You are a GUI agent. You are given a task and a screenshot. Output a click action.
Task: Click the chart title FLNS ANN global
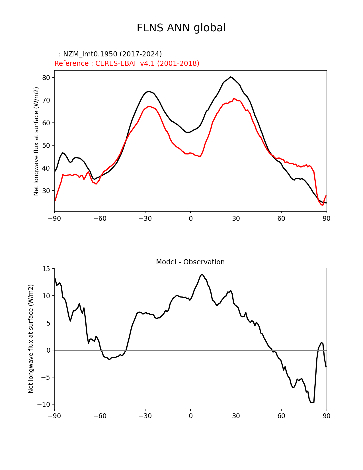point(181,28)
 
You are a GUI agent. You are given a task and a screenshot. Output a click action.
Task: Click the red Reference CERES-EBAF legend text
point(127,64)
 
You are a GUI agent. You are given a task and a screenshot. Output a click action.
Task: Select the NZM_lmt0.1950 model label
point(110,54)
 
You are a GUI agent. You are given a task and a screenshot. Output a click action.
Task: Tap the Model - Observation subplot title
point(190,262)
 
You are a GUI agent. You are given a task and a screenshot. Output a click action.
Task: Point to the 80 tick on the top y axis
point(46,78)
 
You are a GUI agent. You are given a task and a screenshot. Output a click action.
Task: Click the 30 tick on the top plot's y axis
point(46,191)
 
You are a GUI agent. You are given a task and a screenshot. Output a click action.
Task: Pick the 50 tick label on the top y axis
point(46,146)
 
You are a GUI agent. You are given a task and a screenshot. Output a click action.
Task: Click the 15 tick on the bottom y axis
point(46,269)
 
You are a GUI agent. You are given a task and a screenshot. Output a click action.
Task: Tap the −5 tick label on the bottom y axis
point(46,377)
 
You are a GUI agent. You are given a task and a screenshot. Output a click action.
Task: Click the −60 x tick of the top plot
point(100,218)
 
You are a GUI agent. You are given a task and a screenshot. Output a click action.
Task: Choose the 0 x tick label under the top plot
point(190,218)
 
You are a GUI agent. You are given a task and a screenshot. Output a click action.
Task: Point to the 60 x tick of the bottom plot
point(281,416)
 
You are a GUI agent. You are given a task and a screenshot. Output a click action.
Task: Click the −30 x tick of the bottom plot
point(145,416)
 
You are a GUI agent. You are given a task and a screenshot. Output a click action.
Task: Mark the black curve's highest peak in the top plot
point(231,77)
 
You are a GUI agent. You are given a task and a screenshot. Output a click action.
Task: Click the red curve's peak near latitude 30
point(234,99)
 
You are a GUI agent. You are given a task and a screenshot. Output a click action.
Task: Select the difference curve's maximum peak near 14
point(202,274)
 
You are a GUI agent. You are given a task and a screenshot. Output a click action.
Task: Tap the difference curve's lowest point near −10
point(313,402)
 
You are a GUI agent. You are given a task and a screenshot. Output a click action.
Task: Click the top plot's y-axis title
point(36,141)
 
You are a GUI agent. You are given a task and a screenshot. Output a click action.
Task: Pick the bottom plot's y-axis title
point(31,339)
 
